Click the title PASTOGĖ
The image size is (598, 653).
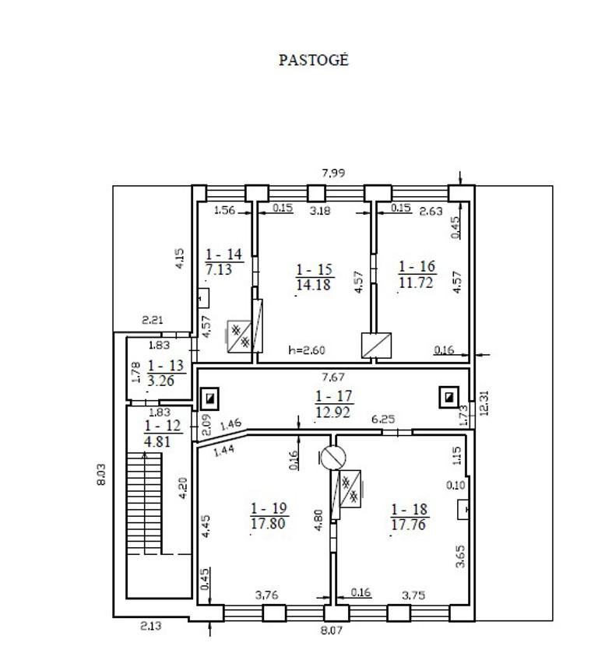tap(313, 60)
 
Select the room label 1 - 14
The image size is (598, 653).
tap(223, 254)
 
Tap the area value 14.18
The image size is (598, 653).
tap(313, 285)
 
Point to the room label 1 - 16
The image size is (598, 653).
tap(417, 266)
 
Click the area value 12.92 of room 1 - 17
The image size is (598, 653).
tap(333, 412)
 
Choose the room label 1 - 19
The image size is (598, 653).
tap(269, 508)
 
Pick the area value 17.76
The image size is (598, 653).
tap(408, 525)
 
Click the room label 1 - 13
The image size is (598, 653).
tap(166, 365)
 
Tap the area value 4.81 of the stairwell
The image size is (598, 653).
tap(157, 441)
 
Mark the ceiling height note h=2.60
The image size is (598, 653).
tap(307, 350)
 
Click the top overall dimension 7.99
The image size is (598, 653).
tap(333, 173)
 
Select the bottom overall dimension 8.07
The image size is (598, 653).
tap(331, 630)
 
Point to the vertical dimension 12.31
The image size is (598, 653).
tap(484, 403)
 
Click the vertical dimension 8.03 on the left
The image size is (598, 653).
tap(101, 474)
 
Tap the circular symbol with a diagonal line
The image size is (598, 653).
tap(333, 458)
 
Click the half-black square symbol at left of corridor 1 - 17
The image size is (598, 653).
tap(209, 399)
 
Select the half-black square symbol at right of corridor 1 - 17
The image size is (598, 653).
tap(448, 397)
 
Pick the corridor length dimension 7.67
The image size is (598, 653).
tap(333, 377)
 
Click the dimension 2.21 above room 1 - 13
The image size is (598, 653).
tap(153, 320)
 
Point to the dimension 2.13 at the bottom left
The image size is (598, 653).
tap(150, 626)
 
